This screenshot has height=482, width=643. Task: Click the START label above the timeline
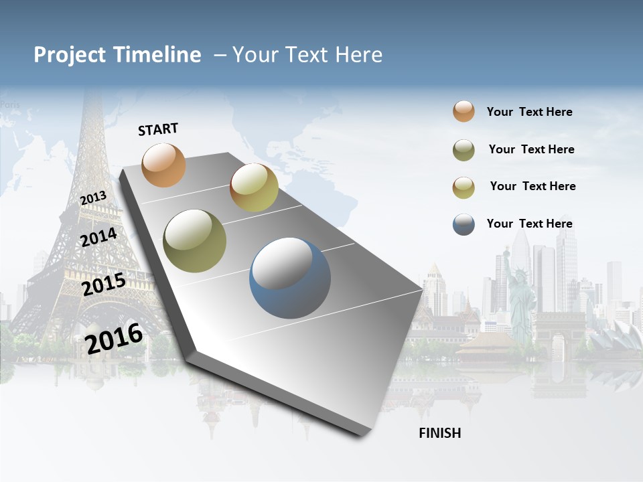[x=158, y=129]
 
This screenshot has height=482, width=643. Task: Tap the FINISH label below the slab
[x=440, y=433]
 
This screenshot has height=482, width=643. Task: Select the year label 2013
[x=93, y=198]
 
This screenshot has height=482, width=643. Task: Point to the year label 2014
[x=98, y=237]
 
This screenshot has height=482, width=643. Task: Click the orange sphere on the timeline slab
[x=163, y=165]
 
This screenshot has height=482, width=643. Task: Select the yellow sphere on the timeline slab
[x=254, y=187]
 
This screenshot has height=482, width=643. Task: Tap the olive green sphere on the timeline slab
[x=195, y=241]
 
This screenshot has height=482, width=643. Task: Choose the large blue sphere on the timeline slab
[x=290, y=278]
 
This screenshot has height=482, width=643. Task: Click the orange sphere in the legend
[x=463, y=111]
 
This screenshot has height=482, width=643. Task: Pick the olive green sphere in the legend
[x=463, y=150]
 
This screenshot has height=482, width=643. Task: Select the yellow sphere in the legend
[x=463, y=187]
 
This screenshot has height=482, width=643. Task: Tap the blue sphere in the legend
[x=463, y=224]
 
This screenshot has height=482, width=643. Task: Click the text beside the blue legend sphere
[x=529, y=224]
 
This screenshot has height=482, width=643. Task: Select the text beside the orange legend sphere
[x=529, y=112]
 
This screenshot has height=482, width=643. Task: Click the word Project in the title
[x=69, y=55]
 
